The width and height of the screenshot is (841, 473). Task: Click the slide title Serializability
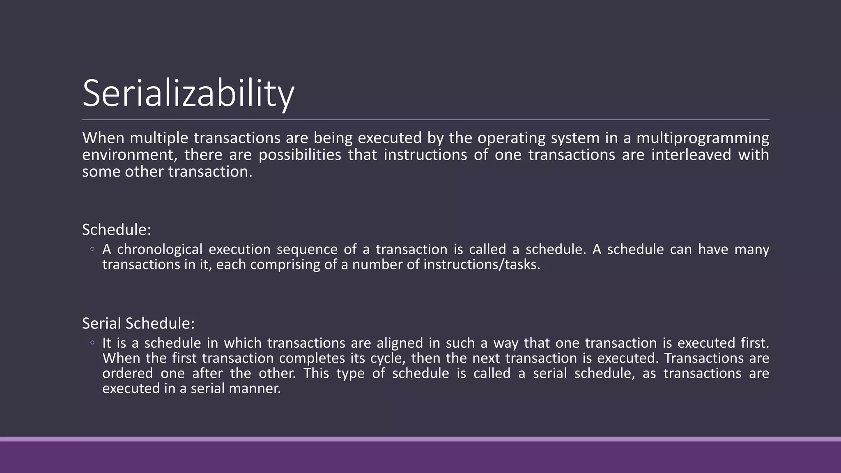coord(188,94)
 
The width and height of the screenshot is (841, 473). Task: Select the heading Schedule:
coord(117,230)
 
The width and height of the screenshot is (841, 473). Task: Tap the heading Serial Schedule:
coord(138,324)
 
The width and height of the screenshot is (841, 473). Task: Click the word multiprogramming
coord(703,138)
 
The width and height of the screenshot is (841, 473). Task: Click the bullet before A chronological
coord(93,249)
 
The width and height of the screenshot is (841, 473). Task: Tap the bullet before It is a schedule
coord(93,342)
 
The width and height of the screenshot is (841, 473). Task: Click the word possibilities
coord(300,155)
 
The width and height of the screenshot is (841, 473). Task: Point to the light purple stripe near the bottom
coord(420,439)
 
